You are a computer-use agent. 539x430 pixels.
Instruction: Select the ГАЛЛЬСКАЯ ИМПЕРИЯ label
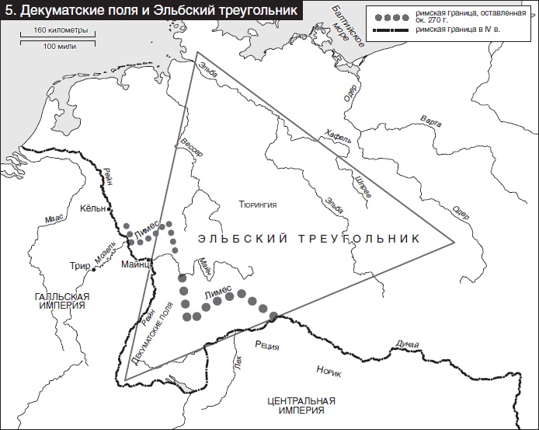(63, 301)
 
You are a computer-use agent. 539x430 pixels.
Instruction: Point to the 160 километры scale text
(54, 30)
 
